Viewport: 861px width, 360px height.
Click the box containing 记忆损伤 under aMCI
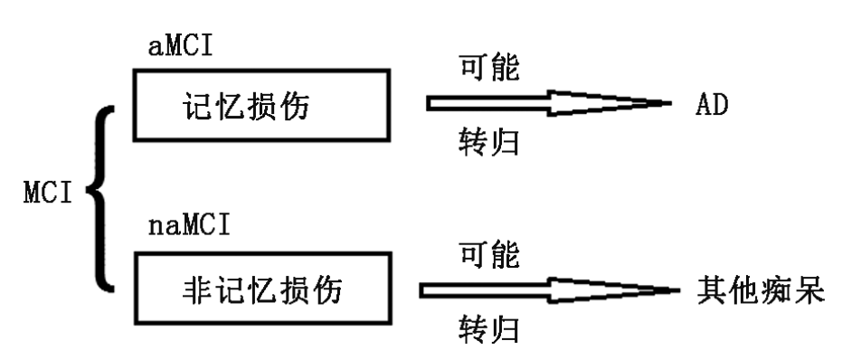click(x=260, y=107)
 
